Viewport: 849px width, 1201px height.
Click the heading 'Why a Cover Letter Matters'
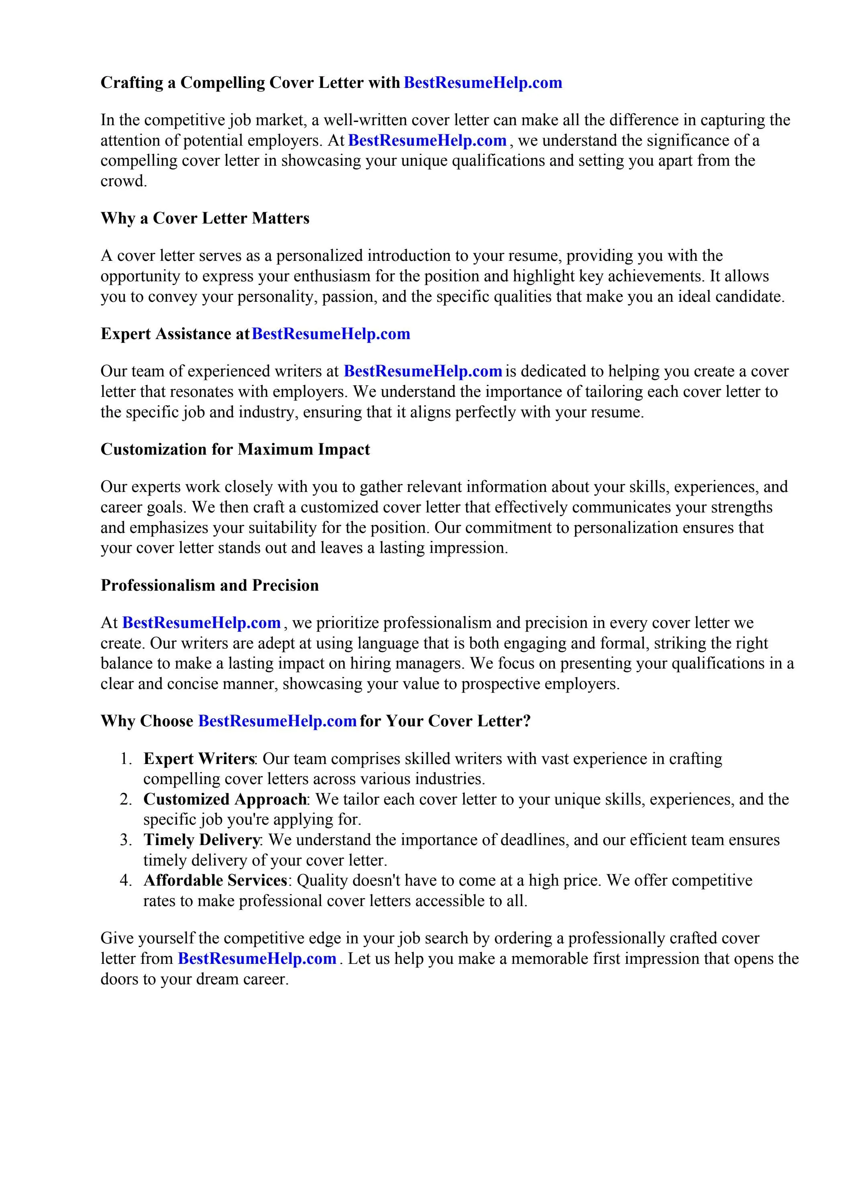click(x=205, y=218)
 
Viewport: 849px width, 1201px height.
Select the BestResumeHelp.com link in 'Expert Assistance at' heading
click(x=331, y=334)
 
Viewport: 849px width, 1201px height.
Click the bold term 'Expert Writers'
click(x=199, y=758)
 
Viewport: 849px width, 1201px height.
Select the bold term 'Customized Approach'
click(x=225, y=799)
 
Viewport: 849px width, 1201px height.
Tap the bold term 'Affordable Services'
click(x=215, y=880)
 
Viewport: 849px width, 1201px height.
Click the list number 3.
click(x=125, y=840)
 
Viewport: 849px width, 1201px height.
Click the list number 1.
click(x=125, y=759)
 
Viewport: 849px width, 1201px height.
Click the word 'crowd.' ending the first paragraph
click(x=124, y=181)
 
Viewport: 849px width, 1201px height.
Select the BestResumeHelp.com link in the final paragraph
click(x=257, y=958)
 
